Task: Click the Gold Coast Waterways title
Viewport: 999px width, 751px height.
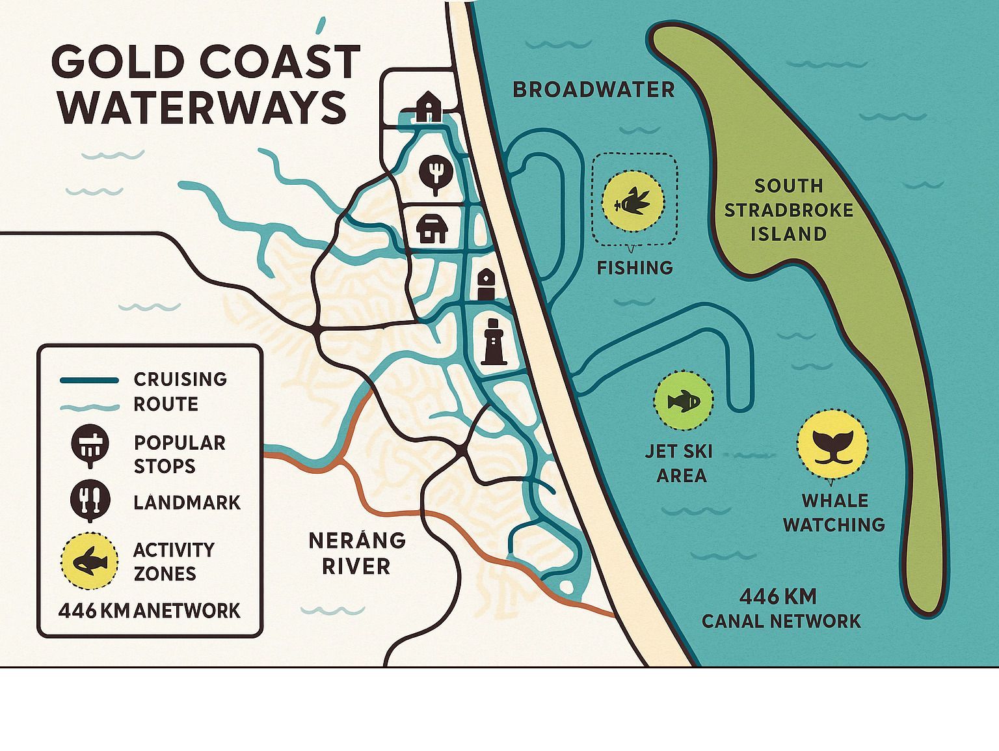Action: (205, 85)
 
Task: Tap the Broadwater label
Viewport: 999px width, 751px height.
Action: (594, 90)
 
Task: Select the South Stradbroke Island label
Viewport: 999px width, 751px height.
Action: (788, 210)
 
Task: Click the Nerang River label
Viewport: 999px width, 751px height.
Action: (356, 553)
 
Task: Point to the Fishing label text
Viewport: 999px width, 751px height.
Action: (635, 267)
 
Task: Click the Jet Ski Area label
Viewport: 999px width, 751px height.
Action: (680, 463)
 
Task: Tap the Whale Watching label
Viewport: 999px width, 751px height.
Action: (834, 512)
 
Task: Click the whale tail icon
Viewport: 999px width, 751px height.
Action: (832, 444)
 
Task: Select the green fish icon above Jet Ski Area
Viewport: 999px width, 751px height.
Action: (683, 400)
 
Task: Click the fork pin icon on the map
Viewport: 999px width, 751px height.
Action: (434, 174)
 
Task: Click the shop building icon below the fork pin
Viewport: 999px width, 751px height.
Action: (432, 228)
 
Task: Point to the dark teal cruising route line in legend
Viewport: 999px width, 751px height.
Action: (89, 380)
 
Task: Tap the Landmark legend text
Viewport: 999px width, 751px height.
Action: (187, 502)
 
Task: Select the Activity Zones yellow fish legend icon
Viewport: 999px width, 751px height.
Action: (89, 560)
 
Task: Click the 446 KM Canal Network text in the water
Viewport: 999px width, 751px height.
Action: (780, 608)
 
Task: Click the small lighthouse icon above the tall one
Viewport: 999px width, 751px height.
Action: (486, 284)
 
